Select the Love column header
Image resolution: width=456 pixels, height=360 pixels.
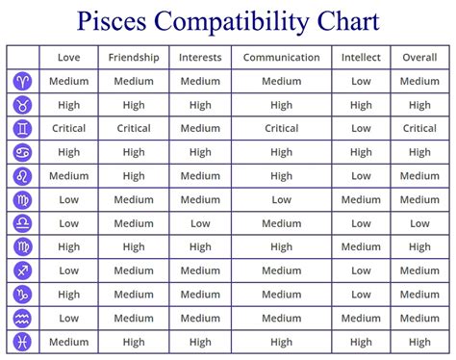(x=68, y=58)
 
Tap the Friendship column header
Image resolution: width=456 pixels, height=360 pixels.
(x=134, y=58)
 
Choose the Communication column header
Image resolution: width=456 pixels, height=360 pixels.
(x=281, y=58)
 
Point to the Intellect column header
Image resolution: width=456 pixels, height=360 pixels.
(x=361, y=58)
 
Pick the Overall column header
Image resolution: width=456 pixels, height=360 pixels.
(x=419, y=58)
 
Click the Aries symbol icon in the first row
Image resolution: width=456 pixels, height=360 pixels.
(x=23, y=81)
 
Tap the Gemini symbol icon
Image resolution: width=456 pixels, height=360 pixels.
(x=23, y=128)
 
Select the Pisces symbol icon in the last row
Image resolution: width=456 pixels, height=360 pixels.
(x=23, y=342)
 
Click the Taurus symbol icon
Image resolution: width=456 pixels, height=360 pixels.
(x=23, y=105)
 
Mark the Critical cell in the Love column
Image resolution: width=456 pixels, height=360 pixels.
(x=68, y=128)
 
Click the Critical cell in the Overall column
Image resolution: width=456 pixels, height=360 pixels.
(x=419, y=128)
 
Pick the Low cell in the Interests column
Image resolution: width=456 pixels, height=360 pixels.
(x=200, y=223)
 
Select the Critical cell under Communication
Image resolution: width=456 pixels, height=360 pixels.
(x=281, y=128)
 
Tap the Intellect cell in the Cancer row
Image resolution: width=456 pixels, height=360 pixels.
(x=361, y=152)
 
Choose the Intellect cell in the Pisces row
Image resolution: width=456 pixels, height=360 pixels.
(x=361, y=342)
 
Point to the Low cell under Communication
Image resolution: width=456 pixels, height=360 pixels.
(x=281, y=199)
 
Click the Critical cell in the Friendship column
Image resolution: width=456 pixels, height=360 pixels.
(x=134, y=128)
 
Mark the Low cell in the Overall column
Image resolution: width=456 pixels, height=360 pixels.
(x=419, y=223)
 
